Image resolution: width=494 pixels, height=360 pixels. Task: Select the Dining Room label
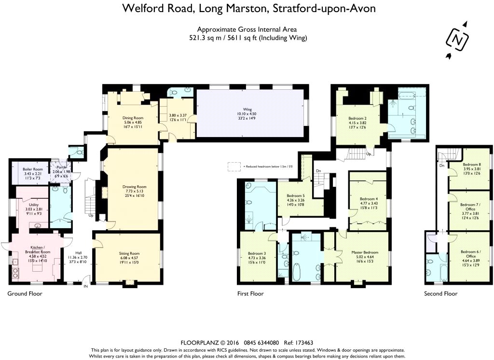[132, 118]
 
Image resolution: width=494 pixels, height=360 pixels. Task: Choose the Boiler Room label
[33, 169]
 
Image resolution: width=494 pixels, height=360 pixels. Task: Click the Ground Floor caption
[25, 293]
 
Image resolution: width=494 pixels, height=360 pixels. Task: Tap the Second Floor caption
[440, 293]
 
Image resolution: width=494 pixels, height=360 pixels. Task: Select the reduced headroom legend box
[234, 166]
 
